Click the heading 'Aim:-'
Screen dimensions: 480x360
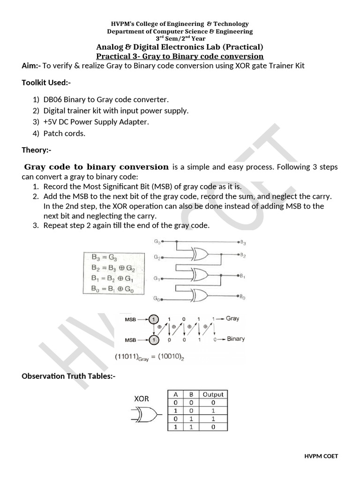click(31, 66)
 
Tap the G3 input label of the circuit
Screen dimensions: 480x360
click(157, 242)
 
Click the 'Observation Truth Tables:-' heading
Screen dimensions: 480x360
click(68, 376)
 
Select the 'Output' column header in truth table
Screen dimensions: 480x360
click(213, 394)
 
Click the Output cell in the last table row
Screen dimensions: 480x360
click(213, 427)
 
